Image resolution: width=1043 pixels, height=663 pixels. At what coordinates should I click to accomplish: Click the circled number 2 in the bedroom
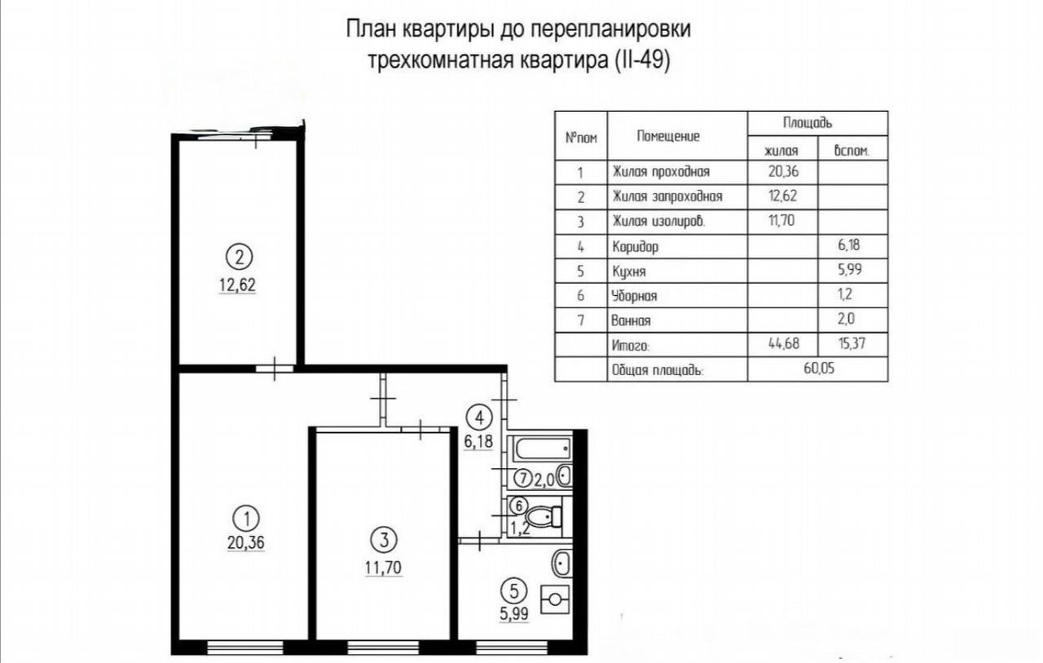[x=239, y=257]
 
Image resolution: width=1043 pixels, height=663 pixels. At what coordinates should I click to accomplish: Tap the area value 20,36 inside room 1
[x=246, y=542]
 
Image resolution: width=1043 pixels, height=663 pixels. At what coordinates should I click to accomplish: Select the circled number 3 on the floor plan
[x=384, y=540]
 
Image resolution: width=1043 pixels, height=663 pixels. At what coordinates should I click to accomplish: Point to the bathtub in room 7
[x=543, y=449]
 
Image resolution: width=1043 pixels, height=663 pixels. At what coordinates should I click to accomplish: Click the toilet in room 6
[x=544, y=516]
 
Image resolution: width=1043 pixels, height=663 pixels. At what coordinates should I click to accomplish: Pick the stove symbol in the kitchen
[x=555, y=599]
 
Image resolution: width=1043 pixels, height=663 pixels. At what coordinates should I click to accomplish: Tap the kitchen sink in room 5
[x=562, y=564]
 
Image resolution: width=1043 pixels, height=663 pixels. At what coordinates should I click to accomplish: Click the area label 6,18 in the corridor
[x=478, y=440]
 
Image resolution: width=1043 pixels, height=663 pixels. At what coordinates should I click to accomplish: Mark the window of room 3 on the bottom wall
[x=383, y=648]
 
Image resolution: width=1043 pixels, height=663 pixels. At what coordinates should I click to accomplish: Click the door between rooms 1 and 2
[x=275, y=369]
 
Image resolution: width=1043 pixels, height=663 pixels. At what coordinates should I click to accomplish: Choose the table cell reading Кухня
[x=628, y=272]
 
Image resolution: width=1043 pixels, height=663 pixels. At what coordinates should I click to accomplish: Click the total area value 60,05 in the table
[x=819, y=368]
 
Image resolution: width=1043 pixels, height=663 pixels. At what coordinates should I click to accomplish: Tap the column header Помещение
[x=668, y=136]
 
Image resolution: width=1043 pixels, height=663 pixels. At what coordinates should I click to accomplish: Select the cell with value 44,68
[x=784, y=343]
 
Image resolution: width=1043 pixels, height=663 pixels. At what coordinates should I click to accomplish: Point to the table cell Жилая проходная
[x=661, y=171]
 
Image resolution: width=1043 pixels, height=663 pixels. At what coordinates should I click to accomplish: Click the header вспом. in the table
[x=852, y=151]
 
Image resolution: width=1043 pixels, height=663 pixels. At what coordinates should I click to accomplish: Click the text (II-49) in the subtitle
[x=639, y=60]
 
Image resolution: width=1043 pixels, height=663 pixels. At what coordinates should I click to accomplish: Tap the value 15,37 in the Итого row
[x=852, y=343]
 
